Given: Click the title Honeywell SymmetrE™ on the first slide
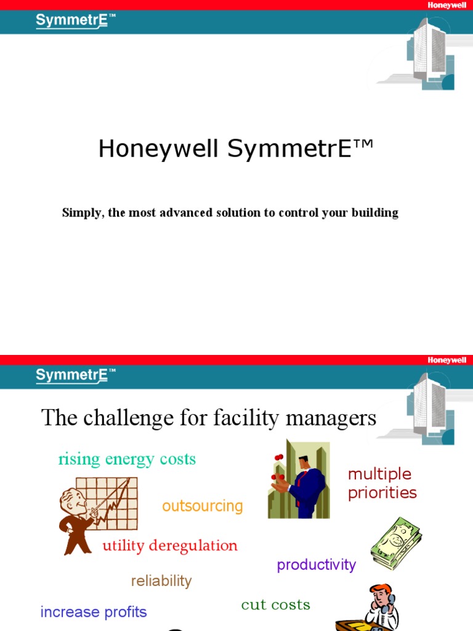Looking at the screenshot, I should (236, 149).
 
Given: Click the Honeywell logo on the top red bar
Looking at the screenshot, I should (447, 5).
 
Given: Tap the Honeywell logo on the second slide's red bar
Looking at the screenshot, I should (447, 360).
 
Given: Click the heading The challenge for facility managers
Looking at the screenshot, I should (209, 418).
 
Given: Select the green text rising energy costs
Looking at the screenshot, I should (127, 459).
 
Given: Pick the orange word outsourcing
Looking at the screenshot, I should (203, 507).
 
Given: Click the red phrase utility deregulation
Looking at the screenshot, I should (170, 546).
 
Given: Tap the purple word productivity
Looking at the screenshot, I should (317, 565).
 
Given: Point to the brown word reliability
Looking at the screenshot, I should (161, 581).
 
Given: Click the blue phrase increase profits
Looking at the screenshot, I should (94, 613).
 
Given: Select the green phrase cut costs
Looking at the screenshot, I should (275, 605).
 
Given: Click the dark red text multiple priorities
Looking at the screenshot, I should (382, 484).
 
